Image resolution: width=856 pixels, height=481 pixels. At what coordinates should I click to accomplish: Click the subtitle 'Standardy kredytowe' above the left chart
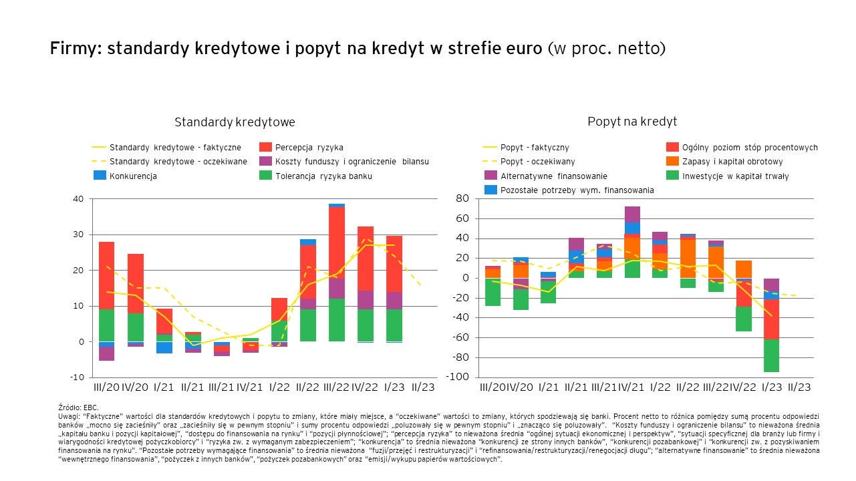235,122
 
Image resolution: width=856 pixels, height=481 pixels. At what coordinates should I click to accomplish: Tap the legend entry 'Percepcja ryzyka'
309,147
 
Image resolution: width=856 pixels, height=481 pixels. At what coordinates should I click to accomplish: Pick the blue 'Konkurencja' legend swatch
99,176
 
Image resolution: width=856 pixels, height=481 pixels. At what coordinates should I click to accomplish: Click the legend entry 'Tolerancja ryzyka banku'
323,176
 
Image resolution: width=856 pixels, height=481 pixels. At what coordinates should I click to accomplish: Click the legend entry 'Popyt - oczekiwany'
537,162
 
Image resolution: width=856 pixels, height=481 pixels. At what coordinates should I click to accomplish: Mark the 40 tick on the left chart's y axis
78,199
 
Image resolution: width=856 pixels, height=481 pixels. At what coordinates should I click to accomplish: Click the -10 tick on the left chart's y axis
78,377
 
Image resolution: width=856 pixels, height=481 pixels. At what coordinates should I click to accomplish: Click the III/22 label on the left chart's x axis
336,387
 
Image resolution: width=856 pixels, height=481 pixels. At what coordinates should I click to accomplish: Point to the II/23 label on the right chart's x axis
799,387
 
